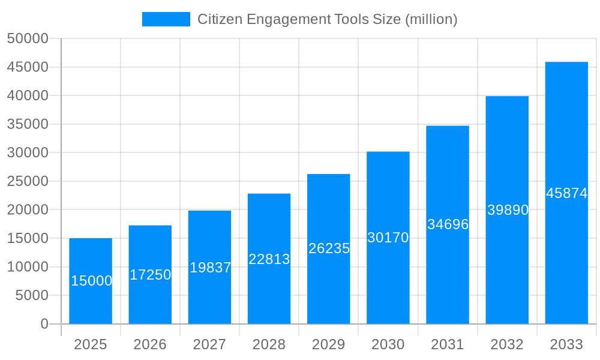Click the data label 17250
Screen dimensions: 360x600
point(150,275)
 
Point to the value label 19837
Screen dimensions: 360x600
point(210,268)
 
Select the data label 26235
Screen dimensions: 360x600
point(329,248)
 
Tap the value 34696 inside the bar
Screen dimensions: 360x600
point(448,224)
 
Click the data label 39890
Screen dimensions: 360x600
point(508,210)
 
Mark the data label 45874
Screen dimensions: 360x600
point(566,193)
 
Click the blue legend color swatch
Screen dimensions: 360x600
point(166,19)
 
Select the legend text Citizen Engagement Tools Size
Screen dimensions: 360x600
point(327,19)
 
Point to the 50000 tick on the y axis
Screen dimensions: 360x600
point(28,38)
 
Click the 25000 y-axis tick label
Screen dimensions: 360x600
point(28,181)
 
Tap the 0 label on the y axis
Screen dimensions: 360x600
point(44,324)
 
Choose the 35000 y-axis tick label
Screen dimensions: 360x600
point(28,124)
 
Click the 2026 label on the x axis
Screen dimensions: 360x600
point(150,344)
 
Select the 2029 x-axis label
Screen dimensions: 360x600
point(329,344)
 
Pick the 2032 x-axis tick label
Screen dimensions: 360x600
point(507,344)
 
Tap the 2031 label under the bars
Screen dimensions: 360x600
point(448,344)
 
